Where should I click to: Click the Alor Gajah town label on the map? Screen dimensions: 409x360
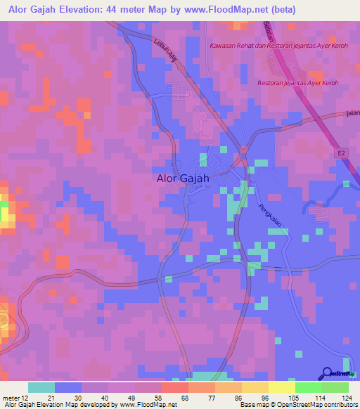pos(182,178)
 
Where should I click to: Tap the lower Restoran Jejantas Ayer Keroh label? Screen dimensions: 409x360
pos(298,83)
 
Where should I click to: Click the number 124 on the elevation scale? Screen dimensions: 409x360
pos(337,397)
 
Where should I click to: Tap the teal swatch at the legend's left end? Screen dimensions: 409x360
pos(41,387)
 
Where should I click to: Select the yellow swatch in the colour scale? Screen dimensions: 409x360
pos(281,387)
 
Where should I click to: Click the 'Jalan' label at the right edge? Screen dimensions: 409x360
pos(352,112)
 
